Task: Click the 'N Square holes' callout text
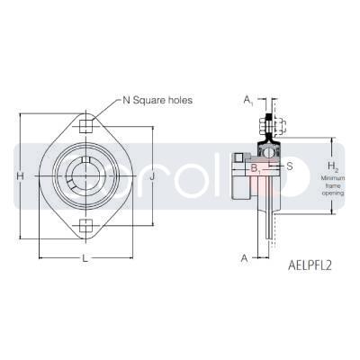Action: point(158,100)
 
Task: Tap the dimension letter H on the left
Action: point(21,176)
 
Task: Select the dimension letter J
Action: point(153,176)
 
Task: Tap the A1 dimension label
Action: point(247,101)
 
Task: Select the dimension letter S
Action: point(290,167)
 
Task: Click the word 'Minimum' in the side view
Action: point(332,179)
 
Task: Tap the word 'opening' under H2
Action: point(332,193)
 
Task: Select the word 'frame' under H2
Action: point(332,186)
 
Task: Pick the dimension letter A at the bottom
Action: point(244,258)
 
